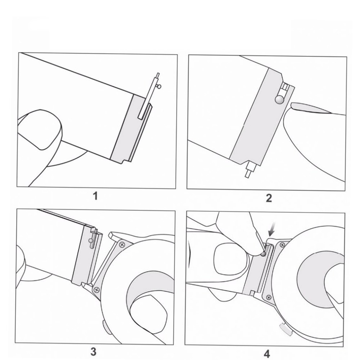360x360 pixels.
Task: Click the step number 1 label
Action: [95, 196]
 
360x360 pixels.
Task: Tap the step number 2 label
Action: [269, 198]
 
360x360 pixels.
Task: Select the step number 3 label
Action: [93, 352]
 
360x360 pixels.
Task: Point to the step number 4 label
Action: [266, 354]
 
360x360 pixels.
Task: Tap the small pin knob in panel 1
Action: [159, 86]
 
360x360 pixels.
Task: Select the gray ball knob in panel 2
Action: [279, 99]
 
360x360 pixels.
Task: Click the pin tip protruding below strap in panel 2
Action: [248, 174]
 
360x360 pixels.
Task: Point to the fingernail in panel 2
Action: [310, 108]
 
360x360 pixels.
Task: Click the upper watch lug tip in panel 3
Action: [111, 234]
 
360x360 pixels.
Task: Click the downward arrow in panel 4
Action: [273, 230]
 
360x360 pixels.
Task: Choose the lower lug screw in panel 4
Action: [269, 298]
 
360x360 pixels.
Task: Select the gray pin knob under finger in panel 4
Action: [263, 254]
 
